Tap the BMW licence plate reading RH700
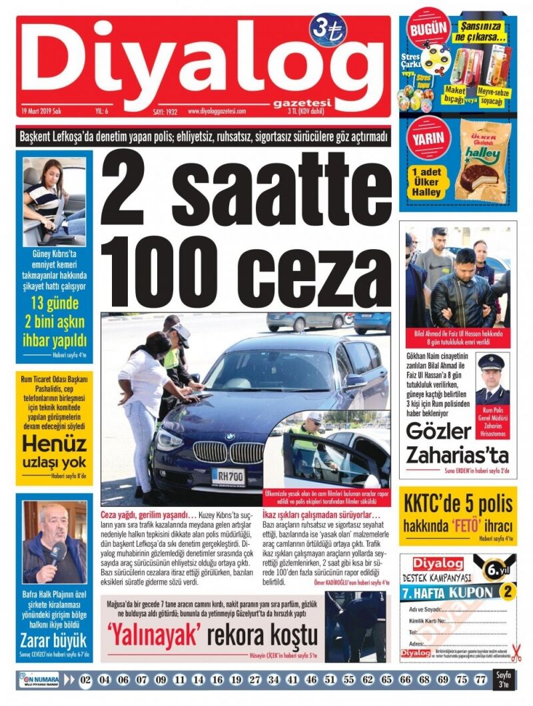point(227,476)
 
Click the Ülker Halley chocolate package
point(483,164)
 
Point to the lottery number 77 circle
point(481,679)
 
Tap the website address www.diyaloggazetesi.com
point(217,111)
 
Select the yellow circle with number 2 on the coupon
point(508,591)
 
